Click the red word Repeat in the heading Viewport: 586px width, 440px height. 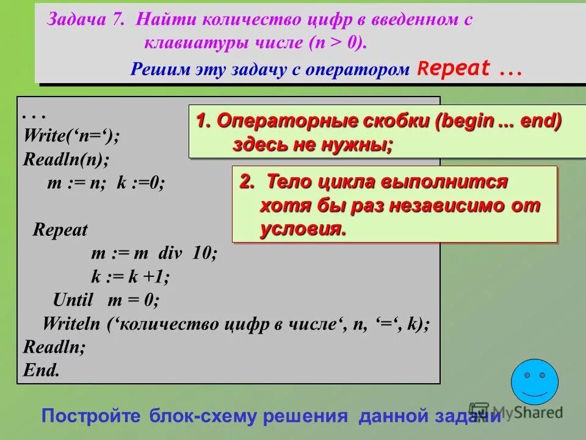click(455, 69)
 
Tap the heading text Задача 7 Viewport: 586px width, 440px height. click(85, 20)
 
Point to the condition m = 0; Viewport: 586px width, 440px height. click(133, 299)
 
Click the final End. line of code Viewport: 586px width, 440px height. click(42, 370)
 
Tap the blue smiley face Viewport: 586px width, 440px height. click(534, 381)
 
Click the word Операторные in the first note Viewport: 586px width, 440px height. click(275, 121)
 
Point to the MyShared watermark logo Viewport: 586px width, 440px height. click(516, 412)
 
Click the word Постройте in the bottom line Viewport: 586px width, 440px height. click(92, 417)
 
